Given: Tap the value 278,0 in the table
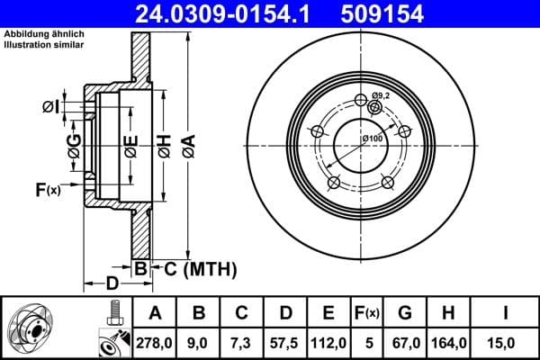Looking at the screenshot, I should click(x=155, y=342).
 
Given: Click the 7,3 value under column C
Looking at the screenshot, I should click(x=242, y=342).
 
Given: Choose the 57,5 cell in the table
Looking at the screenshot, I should click(x=285, y=342).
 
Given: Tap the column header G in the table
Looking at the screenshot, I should click(x=405, y=313).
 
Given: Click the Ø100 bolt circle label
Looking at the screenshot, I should click(x=372, y=138).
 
